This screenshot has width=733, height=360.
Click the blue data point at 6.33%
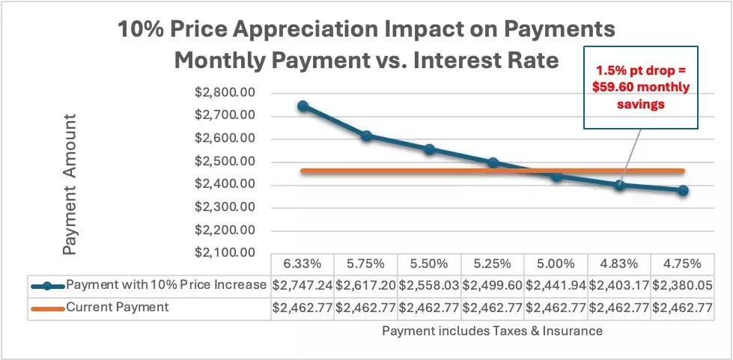pyautogui.click(x=302, y=106)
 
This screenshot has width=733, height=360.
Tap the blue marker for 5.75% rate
pyautogui.click(x=366, y=136)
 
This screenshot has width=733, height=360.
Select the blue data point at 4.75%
pyautogui.click(x=684, y=191)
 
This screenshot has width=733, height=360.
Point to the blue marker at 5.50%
pyautogui.click(x=429, y=150)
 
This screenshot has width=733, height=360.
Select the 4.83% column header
pyautogui.click(x=620, y=263)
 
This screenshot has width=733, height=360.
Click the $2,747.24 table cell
pyautogui.click(x=302, y=285)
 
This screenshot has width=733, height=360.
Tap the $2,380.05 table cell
pyautogui.click(x=684, y=285)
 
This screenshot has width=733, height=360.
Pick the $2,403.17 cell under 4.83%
pyautogui.click(x=620, y=285)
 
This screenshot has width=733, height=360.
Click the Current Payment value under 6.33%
pyautogui.click(x=302, y=307)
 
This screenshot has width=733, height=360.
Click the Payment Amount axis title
pyautogui.click(x=70, y=185)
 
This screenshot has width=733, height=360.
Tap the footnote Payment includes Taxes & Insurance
pyautogui.click(x=492, y=329)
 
